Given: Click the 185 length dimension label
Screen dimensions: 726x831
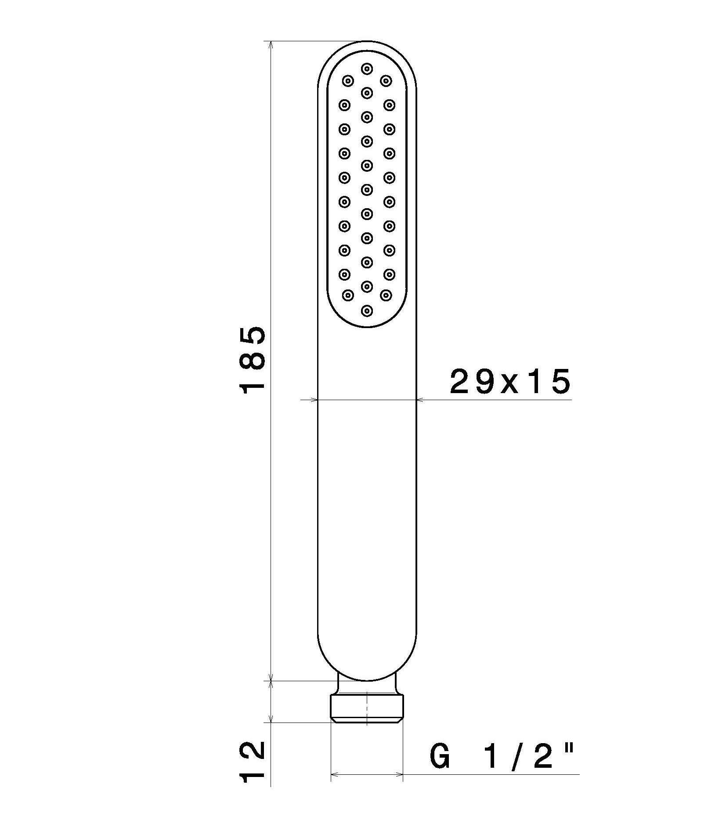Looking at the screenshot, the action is (x=252, y=360).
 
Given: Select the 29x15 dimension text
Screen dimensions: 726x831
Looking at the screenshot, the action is (x=510, y=381).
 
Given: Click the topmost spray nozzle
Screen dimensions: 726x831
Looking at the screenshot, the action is (x=367, y=69).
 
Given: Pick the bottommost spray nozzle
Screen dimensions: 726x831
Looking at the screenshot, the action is (x=367, y=311).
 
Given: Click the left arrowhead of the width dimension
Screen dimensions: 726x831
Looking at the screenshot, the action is (x=313, y=400).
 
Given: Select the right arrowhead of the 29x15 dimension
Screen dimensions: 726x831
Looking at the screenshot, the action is (x=421, y=400).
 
